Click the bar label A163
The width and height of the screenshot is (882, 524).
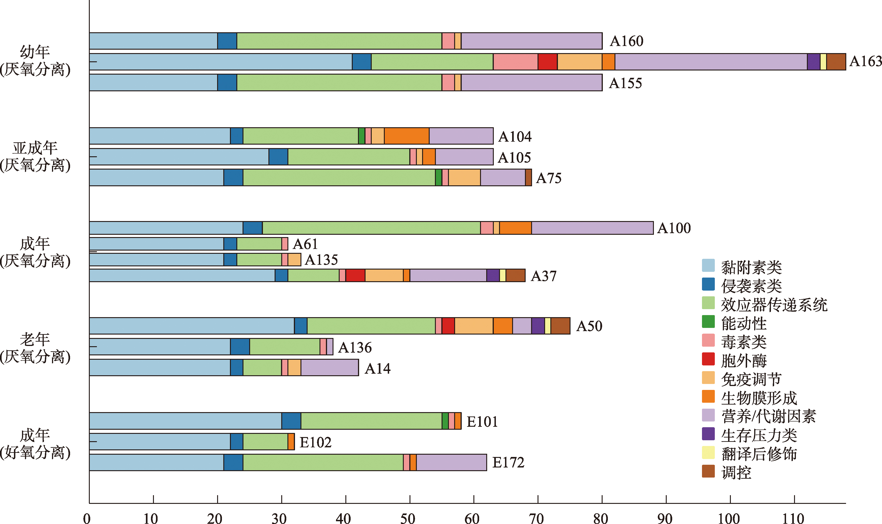[865, 62]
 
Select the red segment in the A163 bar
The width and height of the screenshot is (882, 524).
[547, 62]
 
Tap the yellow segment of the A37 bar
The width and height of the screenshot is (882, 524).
[502, 276]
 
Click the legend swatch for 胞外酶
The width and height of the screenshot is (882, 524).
[708, 359]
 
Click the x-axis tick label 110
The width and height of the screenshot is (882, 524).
[793, 518]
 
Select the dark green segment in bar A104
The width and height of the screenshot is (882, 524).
[361, 136]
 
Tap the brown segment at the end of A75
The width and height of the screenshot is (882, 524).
[528, 178]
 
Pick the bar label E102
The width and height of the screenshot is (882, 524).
[315, 442]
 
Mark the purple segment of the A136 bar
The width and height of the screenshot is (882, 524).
[330, 347]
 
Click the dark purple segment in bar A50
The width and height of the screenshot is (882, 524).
[538, 326]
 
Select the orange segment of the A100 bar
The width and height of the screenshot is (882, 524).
[515, 228]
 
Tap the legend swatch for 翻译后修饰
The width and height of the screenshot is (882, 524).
[708, 453]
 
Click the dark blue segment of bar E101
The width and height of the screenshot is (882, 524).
[291, 421]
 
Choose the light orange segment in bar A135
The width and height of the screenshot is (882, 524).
[294, 259]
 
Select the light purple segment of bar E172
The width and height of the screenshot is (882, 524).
[451, 462]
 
